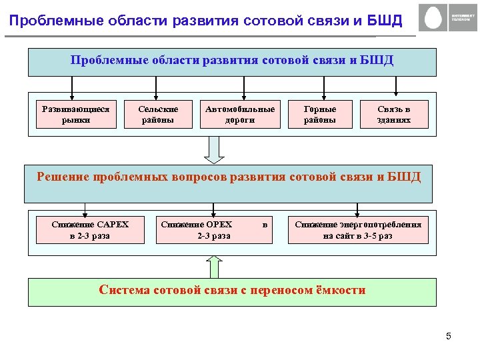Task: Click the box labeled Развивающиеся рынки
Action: click(75, 114)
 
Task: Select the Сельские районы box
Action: click(158, 114)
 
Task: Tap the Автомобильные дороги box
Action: click(240, 114)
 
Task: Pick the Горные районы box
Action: click(320, 114)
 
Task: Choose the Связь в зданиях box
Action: click(393, 114)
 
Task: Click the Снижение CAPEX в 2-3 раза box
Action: click(90, 230)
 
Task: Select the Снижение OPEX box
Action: click(213, 230)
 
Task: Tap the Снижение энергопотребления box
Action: click(358, 230)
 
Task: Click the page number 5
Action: click(449, 336)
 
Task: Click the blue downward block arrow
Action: click(215, 149)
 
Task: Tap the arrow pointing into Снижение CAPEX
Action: click(85, 209)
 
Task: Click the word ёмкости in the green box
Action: click(339, 290)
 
